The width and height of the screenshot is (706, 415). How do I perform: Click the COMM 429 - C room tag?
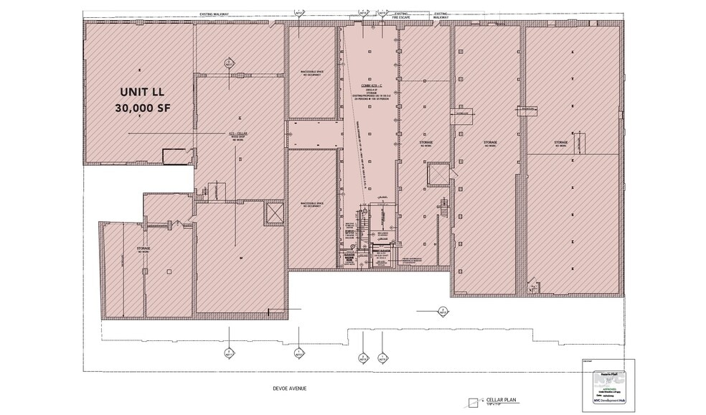pyautogui.click(x=370, y=85)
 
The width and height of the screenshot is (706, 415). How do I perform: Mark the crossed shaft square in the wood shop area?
pyautogui.click(x=274, y=213)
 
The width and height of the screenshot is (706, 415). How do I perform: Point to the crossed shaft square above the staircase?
pyautogui.click(x=436, y=174)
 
